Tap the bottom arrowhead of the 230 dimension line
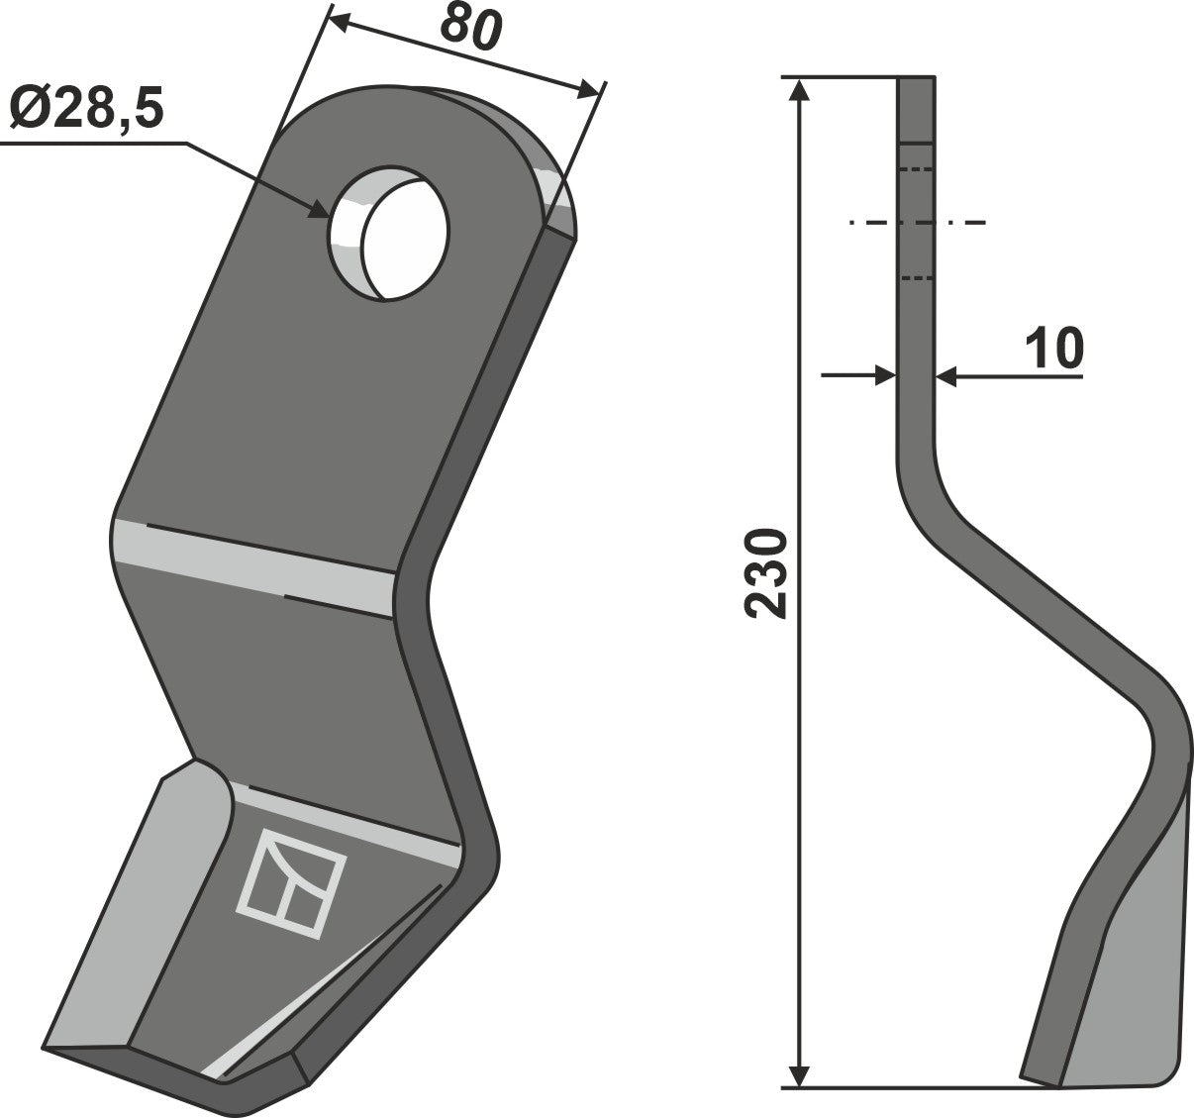point(801,1074)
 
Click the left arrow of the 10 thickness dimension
point(885,375)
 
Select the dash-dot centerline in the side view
point(917,223)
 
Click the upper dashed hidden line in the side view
point(917,169)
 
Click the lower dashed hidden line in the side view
point(917,278)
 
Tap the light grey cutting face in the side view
point(1129,951)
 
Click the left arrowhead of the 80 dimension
point(337,21)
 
